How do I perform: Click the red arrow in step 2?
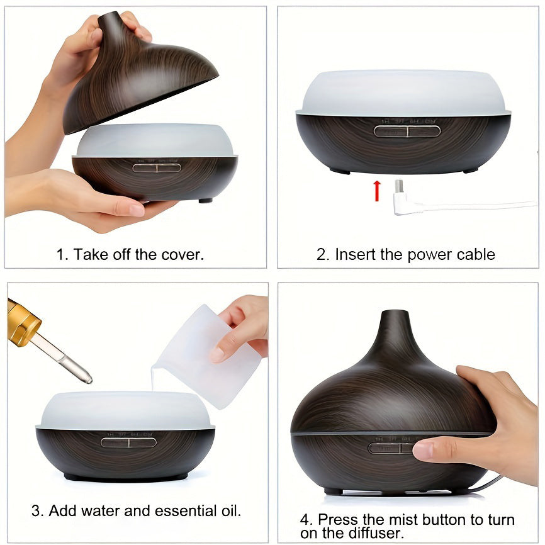tap(377, 191)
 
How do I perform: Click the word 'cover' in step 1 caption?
tap(183, 255)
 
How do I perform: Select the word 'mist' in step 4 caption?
tap(405, 520)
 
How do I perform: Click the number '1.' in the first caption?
tap(62, 255)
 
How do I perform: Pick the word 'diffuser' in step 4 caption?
tap(376, 533)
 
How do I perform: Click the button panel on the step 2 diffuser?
tap(407, 131)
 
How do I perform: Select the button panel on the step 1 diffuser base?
tap(157, 167)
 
